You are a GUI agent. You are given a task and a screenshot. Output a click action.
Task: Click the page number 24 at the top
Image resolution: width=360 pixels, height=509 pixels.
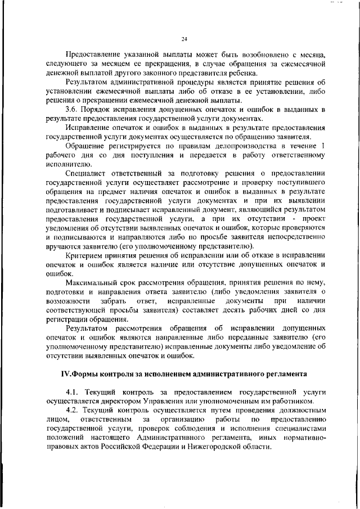click(x=184, y=39)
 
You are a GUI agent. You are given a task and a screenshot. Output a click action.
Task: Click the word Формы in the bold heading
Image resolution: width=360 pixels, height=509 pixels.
click(x=91, y=373)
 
